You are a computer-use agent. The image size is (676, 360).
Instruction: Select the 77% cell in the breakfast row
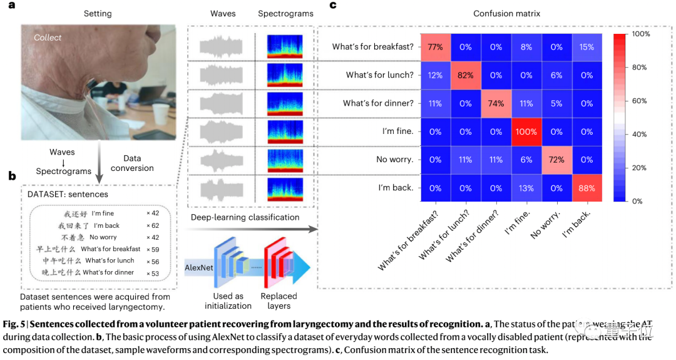[434, 46]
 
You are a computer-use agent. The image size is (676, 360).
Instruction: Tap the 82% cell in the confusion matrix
[464, 75]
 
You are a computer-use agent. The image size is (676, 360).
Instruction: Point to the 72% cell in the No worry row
[556, 160]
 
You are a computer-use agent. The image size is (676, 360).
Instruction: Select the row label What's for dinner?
[378, 103]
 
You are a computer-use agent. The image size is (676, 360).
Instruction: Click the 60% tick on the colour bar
[640, 101]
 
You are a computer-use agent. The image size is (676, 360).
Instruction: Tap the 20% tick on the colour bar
[640, 168]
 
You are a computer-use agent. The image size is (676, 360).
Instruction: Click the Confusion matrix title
[507, 13]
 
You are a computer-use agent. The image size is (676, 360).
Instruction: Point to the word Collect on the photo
[48, 38]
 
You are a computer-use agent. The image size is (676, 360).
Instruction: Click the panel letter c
[333, 5]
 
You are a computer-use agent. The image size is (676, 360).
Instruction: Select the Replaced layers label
[279, 301]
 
